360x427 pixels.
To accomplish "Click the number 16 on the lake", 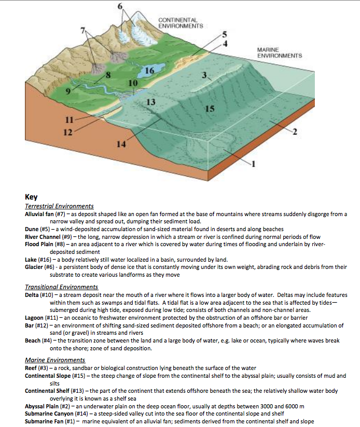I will [150, 70].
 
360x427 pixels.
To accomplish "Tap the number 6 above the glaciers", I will [121, 7].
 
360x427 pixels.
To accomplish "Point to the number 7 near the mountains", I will [82, 31].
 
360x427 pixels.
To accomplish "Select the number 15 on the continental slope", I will [209, 109].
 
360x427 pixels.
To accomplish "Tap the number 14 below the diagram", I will [120, 144].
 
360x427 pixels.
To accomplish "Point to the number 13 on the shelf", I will [151, 101].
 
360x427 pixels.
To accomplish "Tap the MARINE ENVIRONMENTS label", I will [279, 52].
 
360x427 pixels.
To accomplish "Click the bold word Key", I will [31, 197].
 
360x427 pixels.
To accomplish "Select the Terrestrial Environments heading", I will [59, 206].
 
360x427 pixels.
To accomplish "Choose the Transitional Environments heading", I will [61, 287].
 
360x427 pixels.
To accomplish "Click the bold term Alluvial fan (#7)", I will [44, 214].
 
